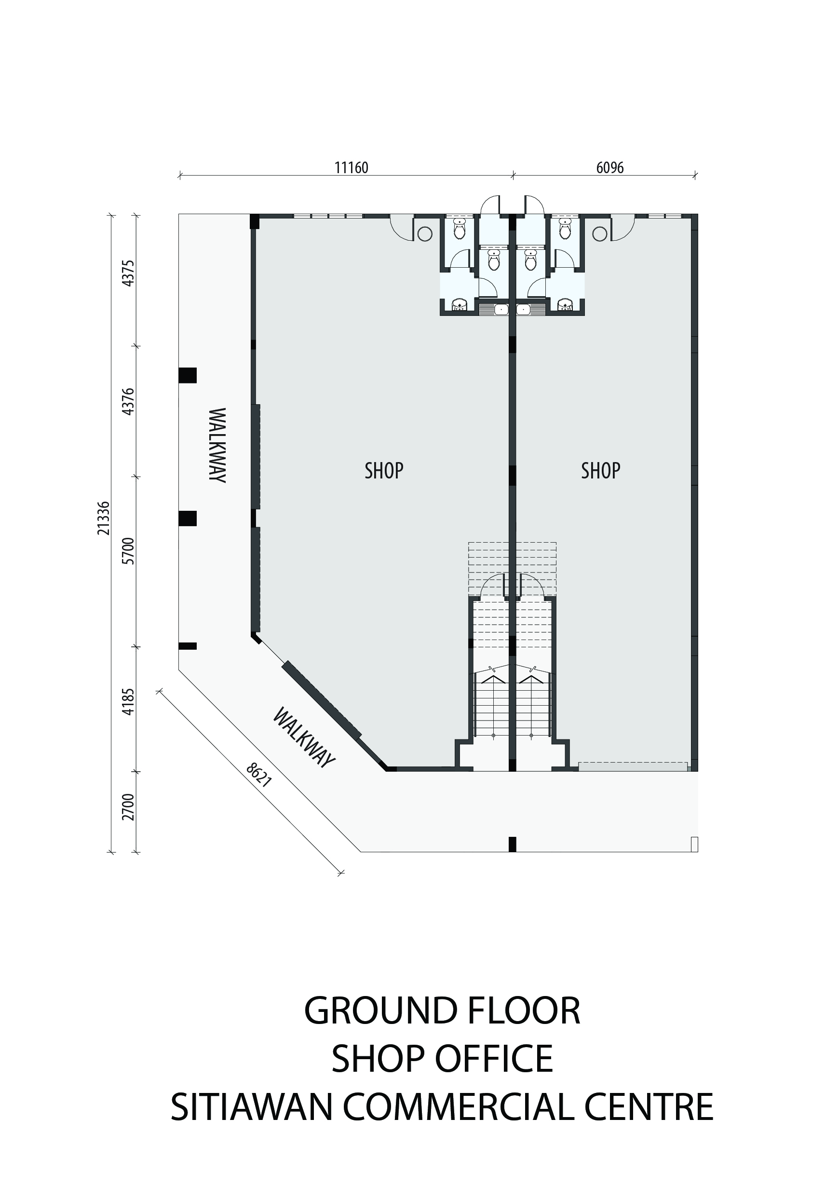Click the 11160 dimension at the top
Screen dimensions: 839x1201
(351, 168)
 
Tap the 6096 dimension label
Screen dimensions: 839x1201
(609, 168)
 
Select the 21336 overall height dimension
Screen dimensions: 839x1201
(104, 518)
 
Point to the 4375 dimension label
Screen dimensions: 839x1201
(128, 273)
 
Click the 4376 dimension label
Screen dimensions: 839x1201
(128, 402)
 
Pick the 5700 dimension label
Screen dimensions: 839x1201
(128, 551)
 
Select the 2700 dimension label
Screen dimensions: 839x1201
(128, 807)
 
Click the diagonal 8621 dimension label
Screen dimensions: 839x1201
(259, 775)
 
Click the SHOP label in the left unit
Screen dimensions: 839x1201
(384, 471)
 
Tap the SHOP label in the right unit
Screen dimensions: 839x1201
(600, 471)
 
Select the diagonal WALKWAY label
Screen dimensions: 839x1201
(303, 738)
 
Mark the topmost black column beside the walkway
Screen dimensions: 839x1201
(187, 375)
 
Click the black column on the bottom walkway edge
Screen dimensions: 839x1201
(513, 844)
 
